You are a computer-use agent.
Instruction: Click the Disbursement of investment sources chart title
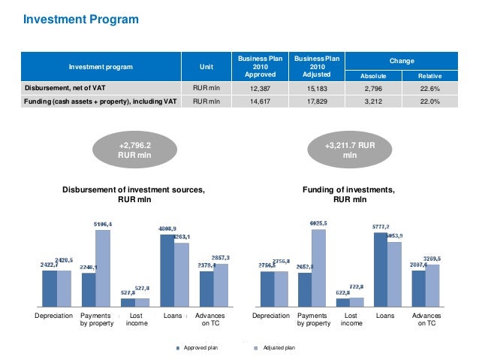(x=133, y=195)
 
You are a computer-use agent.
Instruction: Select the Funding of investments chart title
(x=349, y=195)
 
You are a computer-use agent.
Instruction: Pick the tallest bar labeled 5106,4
(x=103, y=267)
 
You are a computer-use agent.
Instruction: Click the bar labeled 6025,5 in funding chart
(x=319, y=267)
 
